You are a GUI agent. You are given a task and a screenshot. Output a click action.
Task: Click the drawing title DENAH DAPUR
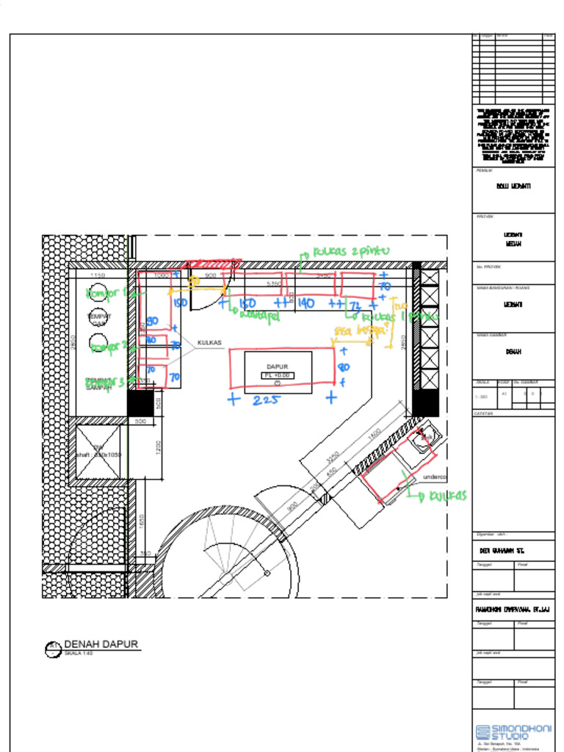[x=101, y=645]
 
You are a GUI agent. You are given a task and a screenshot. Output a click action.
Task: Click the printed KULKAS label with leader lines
[x=209, y=343]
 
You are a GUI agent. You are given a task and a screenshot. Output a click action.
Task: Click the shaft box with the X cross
[x=98, y=452]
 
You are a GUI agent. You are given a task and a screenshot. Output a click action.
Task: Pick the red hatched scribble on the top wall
[x=213, y=264]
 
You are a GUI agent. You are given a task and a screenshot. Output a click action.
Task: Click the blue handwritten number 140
[x=306, y=303]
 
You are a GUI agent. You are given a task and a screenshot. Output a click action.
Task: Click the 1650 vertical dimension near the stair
[x=142, y=520]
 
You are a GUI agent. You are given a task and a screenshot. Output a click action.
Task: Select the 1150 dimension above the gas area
[x=98, y=275]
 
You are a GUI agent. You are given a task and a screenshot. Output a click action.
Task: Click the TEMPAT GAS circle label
[x=99, y=319]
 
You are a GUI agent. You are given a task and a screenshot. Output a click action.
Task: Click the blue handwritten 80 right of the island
[x=344, y=367]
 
